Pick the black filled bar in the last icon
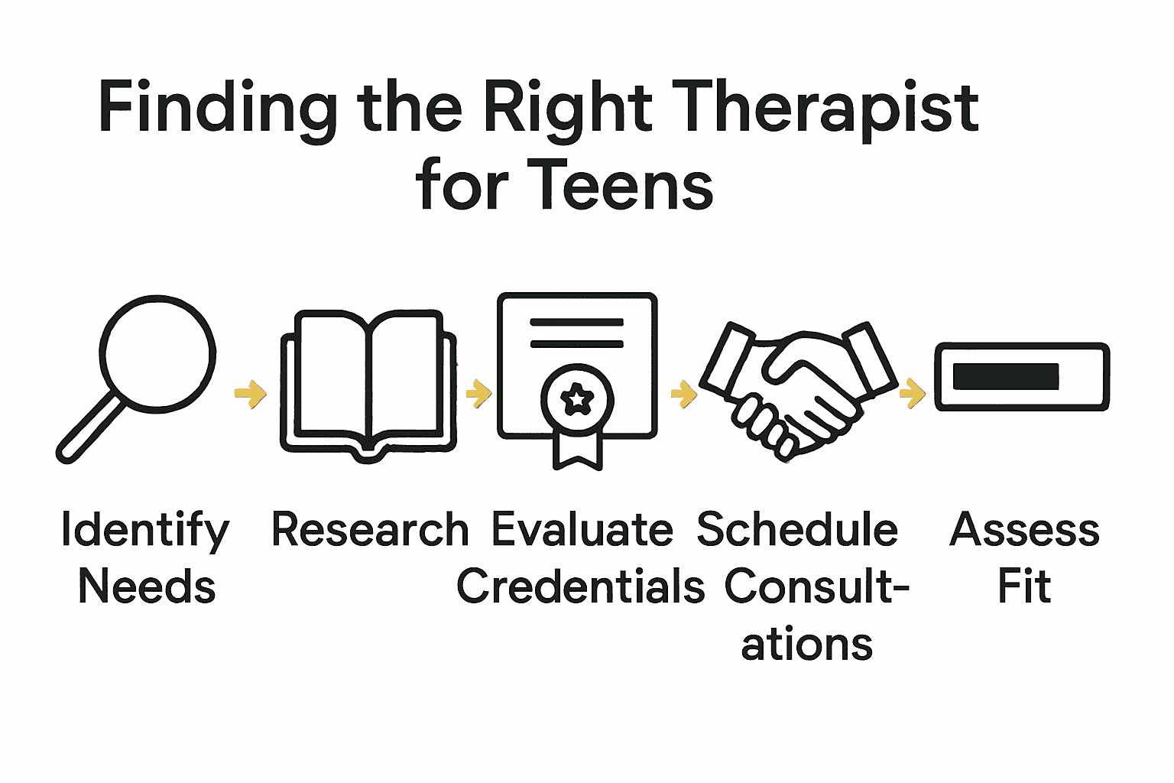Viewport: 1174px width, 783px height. [1006, 376]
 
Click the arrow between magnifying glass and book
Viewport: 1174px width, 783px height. [251, 394]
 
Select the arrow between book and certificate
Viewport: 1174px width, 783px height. [478, 394]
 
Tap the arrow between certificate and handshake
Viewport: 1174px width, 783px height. [684, 395]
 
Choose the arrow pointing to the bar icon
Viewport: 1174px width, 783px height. [913, 394]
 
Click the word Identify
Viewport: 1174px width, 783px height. [145, 530]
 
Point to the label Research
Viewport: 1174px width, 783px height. [370, 530]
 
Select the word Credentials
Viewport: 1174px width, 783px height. [580, 587]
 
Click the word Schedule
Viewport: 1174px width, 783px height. [797, 530]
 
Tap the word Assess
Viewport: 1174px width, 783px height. [1024, 530]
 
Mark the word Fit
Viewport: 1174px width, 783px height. [1024, 587]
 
